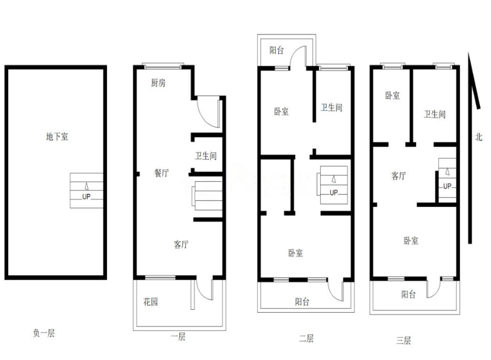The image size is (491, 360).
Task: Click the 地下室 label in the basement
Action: coord(57,137)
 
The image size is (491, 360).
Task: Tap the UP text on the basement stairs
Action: coord(86,196)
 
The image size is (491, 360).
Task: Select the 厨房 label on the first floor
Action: coord(158,82)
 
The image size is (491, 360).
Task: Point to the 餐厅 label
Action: coord(161,173)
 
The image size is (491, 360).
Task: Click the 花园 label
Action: coord(151,302)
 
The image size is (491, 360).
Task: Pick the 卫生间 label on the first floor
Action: coord(206,155)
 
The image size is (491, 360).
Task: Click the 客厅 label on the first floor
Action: coord(181,244)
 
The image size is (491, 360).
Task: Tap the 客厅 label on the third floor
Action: coord(399,176)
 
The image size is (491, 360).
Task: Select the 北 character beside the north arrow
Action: coord(479,137)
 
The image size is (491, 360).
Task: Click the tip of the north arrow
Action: coord(469,53)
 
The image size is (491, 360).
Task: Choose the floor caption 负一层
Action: coord(44,333)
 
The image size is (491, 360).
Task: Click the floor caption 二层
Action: coord(306,338)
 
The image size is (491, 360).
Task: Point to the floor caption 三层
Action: coord(404,340)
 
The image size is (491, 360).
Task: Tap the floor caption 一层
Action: coord(178,337)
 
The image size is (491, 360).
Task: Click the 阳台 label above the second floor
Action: coord(277,50)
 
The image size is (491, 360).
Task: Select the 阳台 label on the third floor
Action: coord(409,294)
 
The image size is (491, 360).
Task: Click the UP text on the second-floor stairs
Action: coord(334,192)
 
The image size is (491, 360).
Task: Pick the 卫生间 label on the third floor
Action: coord(435,114)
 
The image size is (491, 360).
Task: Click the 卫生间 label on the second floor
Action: coord(331,108)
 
